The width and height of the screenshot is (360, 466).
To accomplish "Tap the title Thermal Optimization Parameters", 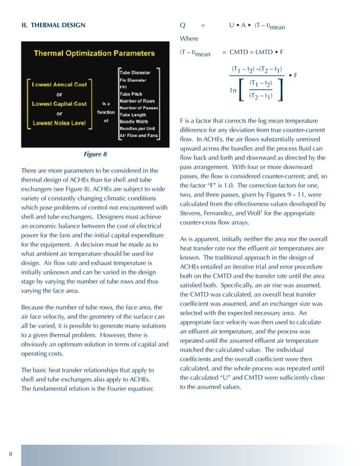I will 94,54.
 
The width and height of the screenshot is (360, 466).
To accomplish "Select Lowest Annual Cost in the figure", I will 60,85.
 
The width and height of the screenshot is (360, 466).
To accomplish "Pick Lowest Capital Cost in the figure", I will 59,104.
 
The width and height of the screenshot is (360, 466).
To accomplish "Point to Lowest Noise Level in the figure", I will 59,123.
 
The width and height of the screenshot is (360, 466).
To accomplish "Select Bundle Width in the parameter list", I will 135,121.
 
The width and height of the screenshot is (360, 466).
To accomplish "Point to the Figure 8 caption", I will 95,153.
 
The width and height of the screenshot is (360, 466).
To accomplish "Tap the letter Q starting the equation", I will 183,25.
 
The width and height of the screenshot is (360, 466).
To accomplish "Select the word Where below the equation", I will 189,39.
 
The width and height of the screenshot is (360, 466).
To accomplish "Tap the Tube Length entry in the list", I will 134,115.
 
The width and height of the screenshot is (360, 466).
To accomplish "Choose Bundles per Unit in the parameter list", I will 138,129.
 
